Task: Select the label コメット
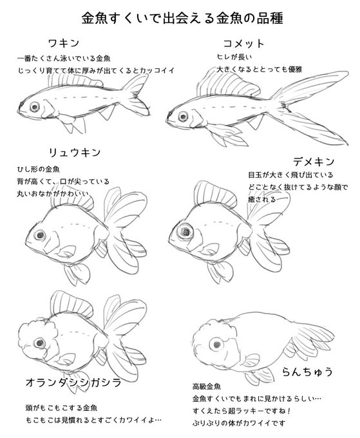242,43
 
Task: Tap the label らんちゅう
307,371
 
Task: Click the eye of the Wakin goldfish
33,106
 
